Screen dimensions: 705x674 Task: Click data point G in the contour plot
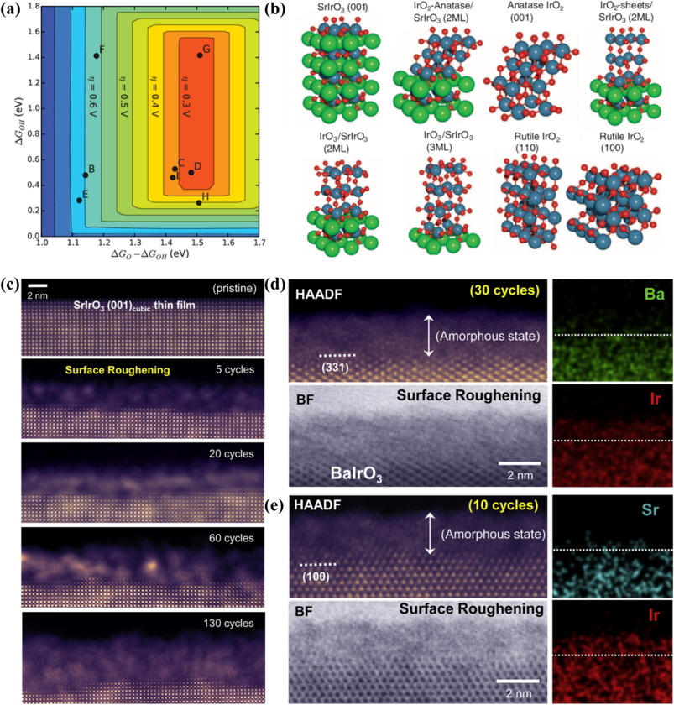tap(200, 55)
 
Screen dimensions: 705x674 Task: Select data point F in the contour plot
tap(97, 55)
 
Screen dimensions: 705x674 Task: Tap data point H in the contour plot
tap(199, 202)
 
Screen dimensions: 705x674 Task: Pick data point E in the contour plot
tap(79, 200)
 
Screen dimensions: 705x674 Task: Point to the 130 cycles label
tap(238, 624)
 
